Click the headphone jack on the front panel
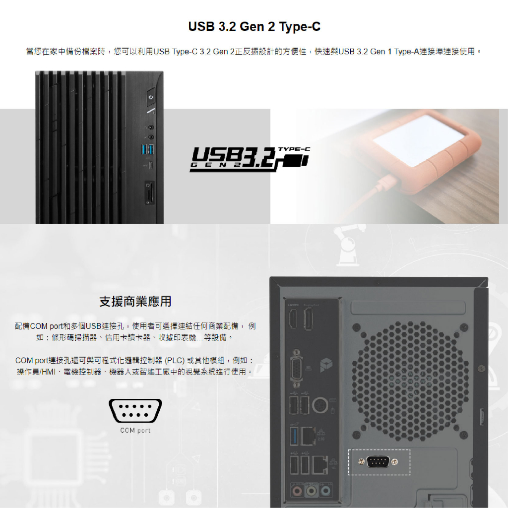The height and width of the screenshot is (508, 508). tap(151, 128)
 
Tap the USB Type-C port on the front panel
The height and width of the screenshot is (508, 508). tap(151, 166)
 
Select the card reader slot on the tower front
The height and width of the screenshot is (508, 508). tap(150, 193)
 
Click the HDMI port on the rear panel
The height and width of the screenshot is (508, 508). tap(293, 318)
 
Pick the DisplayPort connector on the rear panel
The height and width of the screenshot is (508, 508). tap(308, 318)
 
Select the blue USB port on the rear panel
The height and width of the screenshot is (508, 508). tap(294, 436)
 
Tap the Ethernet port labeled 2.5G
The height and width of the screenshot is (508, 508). tap(308, 436)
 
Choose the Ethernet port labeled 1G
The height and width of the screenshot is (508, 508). tap(320, 465)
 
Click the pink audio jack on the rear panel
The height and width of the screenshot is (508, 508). tap(297, 491)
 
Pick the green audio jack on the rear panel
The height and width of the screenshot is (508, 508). tap(312, 491)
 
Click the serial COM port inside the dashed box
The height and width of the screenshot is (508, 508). tap(378, 461)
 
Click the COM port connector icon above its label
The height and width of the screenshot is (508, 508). tap(135, 410)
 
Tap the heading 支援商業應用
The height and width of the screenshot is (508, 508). tap(135, 301)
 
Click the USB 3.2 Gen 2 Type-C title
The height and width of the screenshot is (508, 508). tap(254, 27)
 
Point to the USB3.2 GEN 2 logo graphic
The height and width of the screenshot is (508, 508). tap(250, 159)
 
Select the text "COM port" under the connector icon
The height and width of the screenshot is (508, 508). tap(135, 430)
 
